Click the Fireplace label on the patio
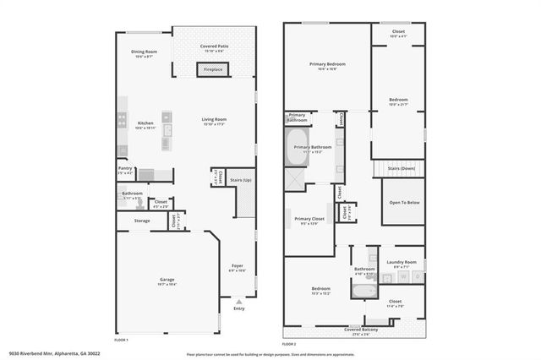213,69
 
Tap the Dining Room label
145,52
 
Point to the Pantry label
125,168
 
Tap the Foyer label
238,265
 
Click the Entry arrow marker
239,301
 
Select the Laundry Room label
402,261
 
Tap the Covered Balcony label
354,330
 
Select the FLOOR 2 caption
289,344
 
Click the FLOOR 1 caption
122,339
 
